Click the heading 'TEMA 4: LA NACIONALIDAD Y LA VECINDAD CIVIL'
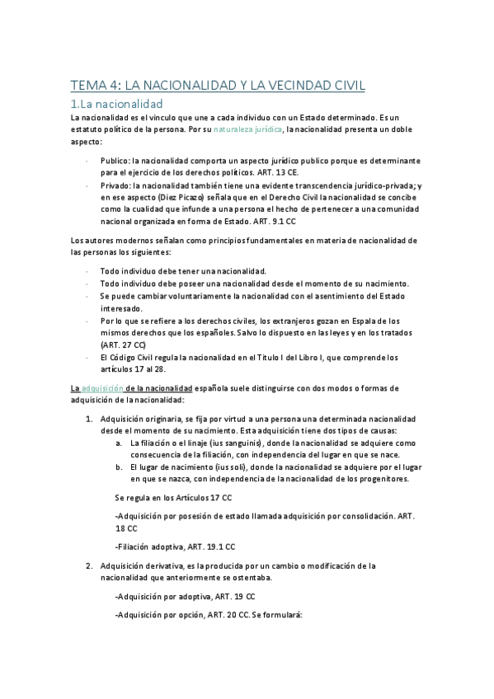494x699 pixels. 218,85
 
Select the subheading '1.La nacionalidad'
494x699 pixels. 117,104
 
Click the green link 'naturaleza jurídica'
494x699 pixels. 248,130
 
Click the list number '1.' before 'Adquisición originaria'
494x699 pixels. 89,420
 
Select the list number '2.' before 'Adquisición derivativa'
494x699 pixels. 89,566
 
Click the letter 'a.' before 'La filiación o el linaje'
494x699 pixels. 120,443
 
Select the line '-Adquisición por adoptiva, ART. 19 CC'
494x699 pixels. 185,596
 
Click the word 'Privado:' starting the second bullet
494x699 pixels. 116,186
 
